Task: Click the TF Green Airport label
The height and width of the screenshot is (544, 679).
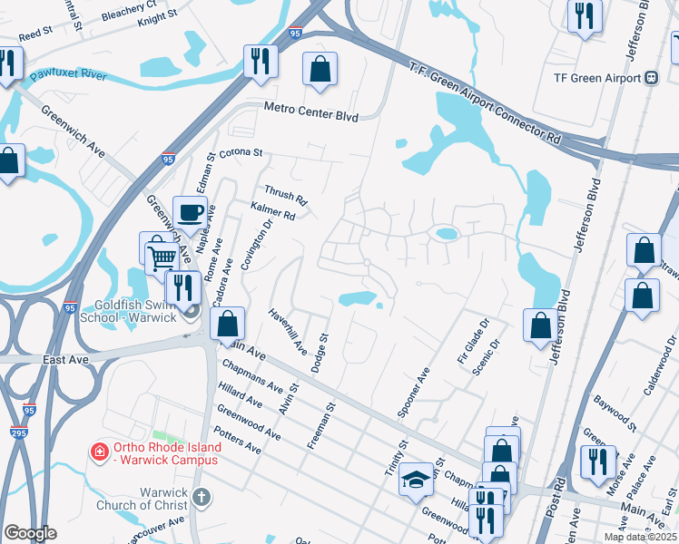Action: [598, 78]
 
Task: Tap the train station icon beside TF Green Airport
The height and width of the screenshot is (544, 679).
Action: [652, 78]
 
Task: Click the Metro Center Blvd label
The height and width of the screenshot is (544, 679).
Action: [311, 112]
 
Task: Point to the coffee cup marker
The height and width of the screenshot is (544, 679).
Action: [190, 214]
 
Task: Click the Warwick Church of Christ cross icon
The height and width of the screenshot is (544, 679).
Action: [202, 497]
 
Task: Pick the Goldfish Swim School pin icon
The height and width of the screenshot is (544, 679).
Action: [191, 313]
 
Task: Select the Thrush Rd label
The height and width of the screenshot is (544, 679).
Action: [286, 195]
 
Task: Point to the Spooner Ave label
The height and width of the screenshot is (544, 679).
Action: [412, 392]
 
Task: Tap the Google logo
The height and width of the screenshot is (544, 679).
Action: [30, 532]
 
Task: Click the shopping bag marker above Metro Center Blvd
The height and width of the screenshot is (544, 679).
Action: [320, 69]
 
